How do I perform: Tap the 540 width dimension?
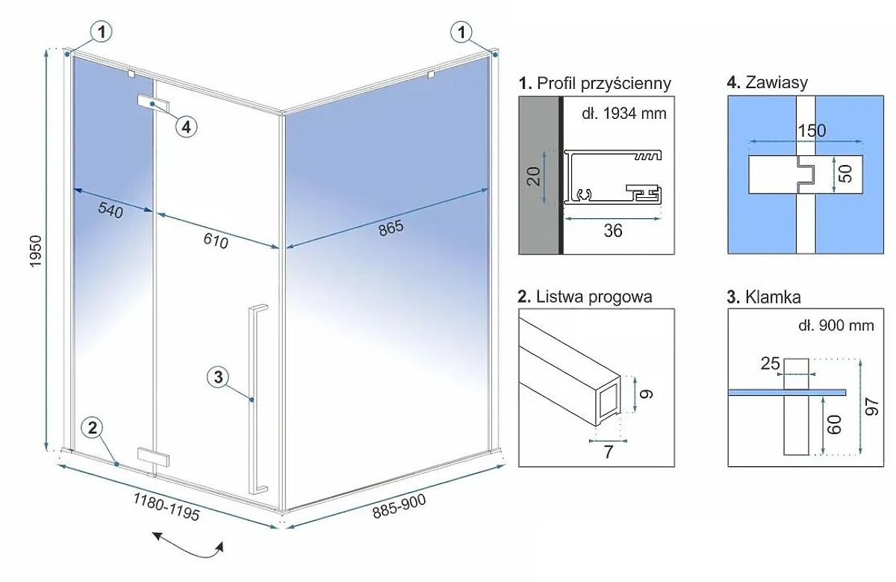click(x=110, y=211)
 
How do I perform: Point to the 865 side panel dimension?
click(x=390, y=227)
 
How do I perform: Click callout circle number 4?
click(x=187, y=126)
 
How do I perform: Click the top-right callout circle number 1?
click(x=463, y=32)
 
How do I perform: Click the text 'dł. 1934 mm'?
click(x=623, y=114)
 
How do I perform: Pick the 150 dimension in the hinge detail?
click(x=811, y=130)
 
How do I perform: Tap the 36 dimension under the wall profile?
click(x=612, y=231)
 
